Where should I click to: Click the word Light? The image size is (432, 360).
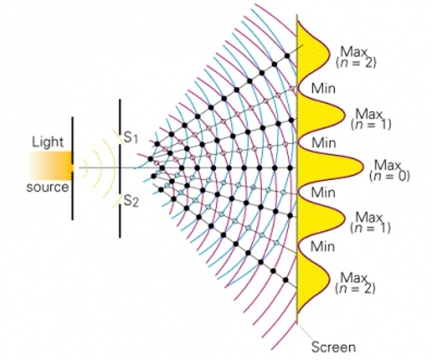click(x=48, y=142)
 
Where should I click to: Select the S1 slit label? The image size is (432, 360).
click(x=131, y=137)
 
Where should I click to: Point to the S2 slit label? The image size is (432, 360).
click(x=131, y=202)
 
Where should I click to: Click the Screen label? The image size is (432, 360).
click(x=333, y=347)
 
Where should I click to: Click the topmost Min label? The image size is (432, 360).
click(x=322, y=89)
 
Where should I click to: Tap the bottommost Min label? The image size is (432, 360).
click(x=322, y=246)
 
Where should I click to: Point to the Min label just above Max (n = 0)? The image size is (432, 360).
click(x=322, y=142)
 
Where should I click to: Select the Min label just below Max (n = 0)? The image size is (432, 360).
click(x=322, y=193)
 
